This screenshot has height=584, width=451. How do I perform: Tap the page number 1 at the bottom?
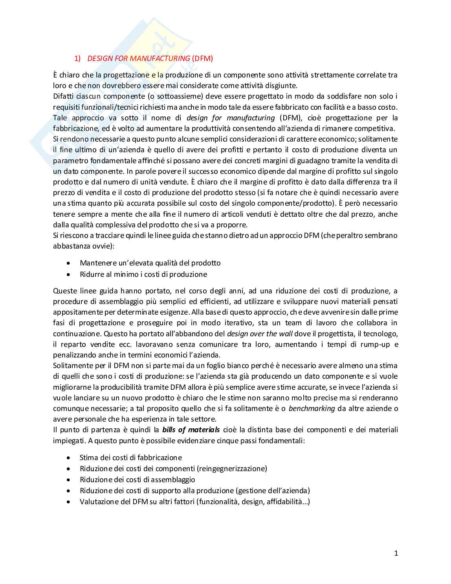tap(396, 553)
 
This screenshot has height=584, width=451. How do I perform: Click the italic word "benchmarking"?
tap(312, 408)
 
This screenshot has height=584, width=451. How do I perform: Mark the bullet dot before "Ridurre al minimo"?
tap(69, 274)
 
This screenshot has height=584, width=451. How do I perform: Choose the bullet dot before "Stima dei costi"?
tap(69, 458)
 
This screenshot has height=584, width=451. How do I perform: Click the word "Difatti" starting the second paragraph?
tap(64, 96)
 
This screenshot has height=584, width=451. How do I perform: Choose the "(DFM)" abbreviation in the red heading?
tap(203, 59)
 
